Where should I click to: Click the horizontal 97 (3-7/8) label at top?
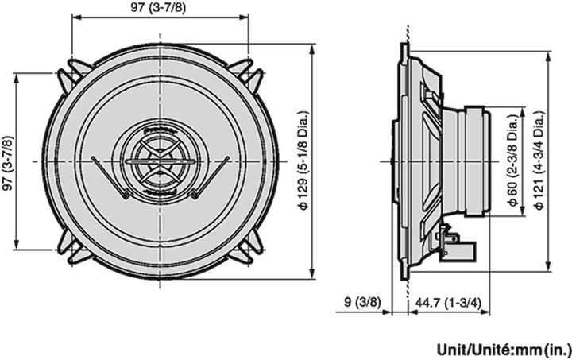pos(159,7)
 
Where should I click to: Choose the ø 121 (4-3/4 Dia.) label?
pos(539,161)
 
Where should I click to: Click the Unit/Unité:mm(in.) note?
pos(503,348)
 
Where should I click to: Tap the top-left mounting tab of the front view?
pos(73,73)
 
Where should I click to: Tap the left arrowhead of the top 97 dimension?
pos(75,17)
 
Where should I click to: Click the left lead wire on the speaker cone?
pos(111,176)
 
